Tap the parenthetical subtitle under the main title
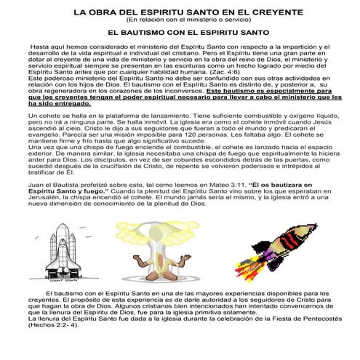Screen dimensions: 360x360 click(x=180, y=21)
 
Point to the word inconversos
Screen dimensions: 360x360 click(x=179, y=89)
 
